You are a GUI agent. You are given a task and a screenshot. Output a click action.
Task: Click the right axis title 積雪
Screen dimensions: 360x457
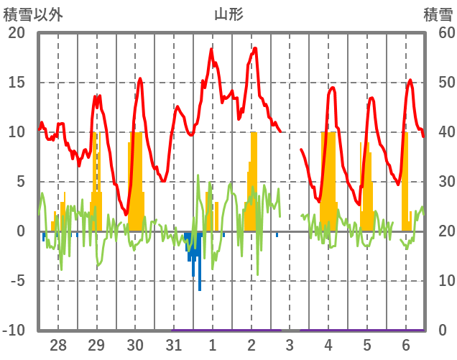point(438,13)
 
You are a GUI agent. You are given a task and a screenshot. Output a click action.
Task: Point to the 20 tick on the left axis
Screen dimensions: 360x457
point(16,33)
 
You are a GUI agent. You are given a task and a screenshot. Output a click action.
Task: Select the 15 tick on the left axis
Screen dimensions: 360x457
point(16,83)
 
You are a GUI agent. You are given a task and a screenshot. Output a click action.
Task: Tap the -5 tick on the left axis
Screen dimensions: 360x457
point(16,281)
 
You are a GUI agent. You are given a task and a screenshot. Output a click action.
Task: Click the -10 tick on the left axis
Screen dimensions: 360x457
point(14,331)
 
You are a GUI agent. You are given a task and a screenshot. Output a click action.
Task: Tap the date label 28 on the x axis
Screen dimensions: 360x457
point(57,344)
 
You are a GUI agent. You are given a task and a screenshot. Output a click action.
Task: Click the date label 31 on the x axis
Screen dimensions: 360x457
point(173,344)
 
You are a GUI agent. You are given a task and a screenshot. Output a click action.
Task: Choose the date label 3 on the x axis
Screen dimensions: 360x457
point(290,344)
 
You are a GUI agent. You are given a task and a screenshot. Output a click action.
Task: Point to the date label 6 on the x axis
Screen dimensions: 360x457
point(406,344)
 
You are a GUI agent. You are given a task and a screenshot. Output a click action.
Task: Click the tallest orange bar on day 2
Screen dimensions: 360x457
point(254,180)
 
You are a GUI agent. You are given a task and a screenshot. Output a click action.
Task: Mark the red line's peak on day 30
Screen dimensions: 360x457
point(140,78)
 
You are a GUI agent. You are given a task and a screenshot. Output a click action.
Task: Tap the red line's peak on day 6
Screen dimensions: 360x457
point(410,80)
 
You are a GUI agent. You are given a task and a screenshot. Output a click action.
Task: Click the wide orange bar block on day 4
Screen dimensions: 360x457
point(328,180)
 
